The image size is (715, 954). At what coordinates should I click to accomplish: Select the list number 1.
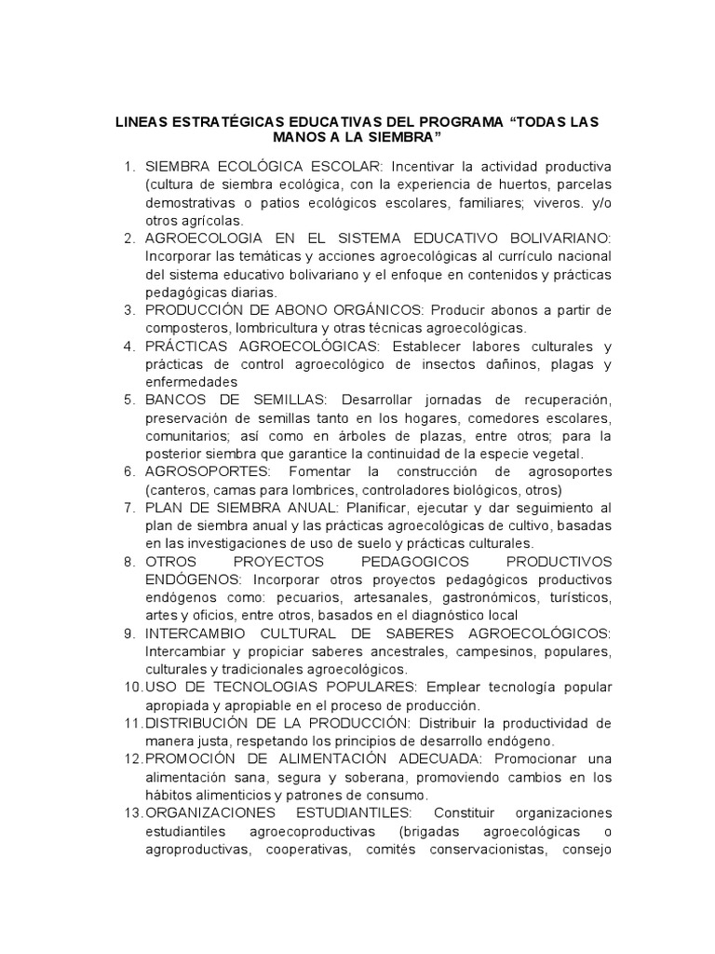point(129,167)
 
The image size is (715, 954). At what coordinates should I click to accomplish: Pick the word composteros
point(188,328)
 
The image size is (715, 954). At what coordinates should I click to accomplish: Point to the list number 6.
point(129,471)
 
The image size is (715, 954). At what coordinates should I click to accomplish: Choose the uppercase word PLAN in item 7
point(162,508)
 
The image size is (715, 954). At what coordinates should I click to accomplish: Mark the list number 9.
point(129,634)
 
